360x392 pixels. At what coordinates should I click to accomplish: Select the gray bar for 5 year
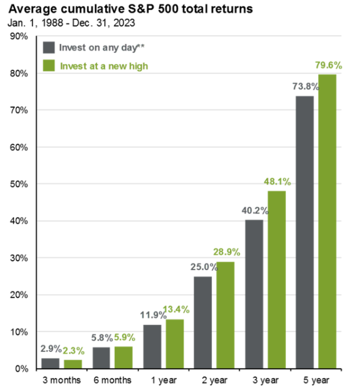(304, 232)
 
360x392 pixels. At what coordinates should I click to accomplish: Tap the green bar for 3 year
(278, 280)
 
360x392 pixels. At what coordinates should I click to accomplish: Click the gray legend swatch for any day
(49, 47)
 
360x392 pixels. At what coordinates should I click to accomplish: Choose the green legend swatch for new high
(49, 65)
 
